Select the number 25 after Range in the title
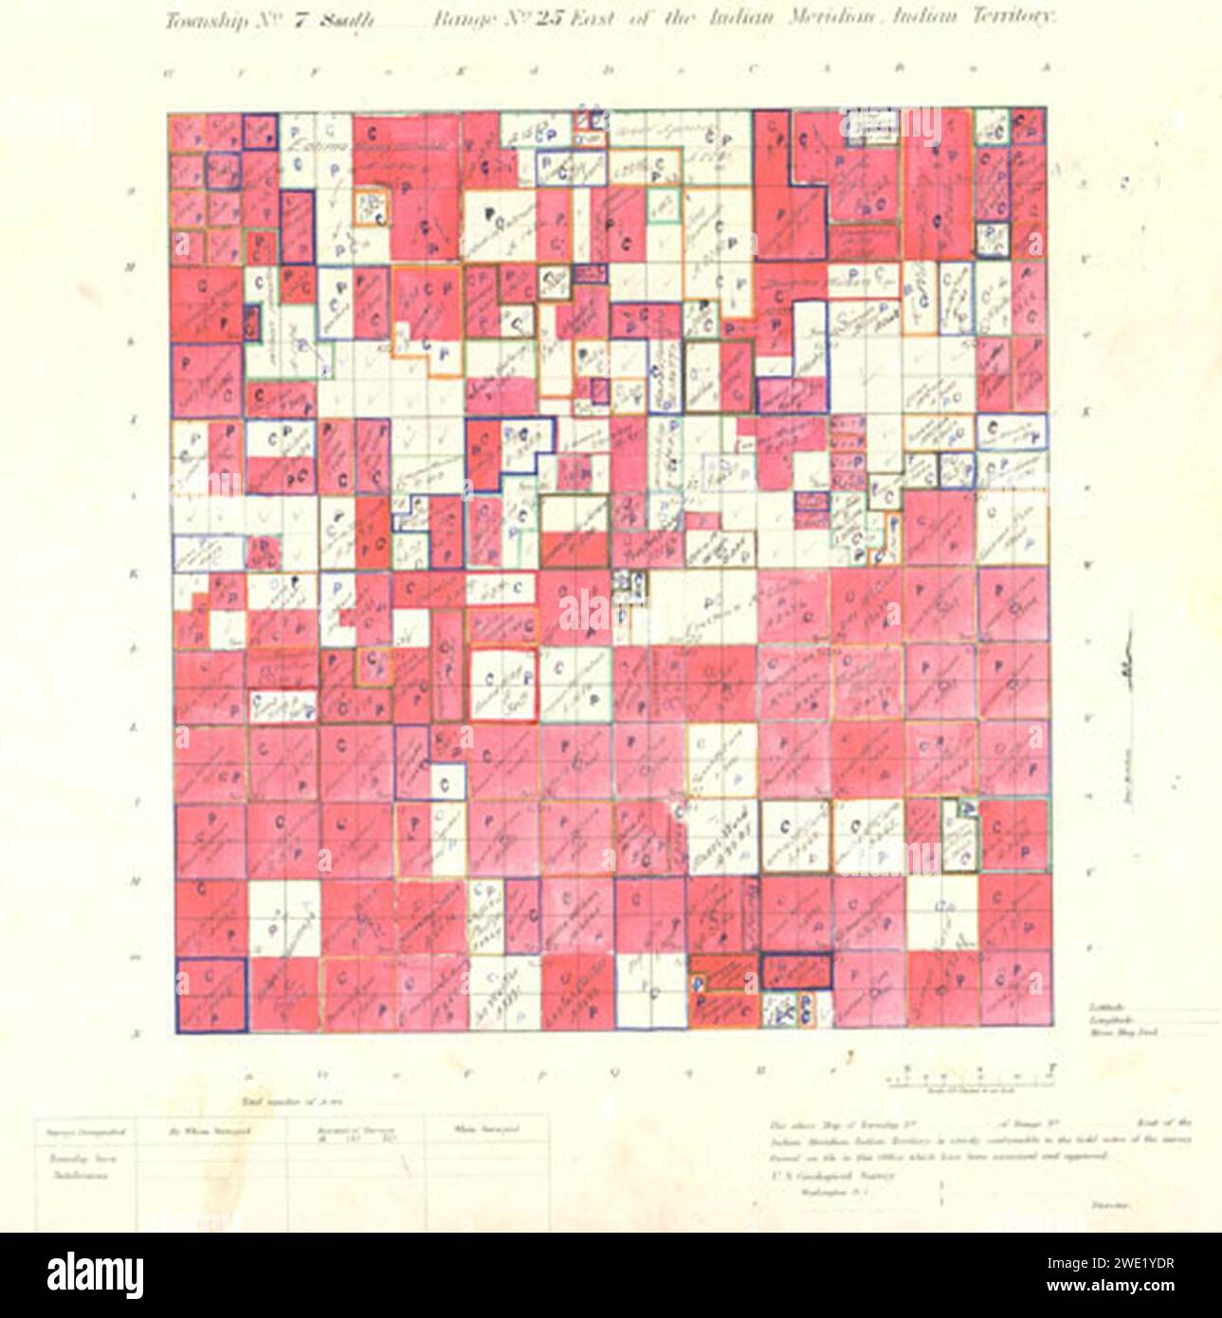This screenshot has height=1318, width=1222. [x=550, y=20]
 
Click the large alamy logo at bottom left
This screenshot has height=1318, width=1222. [x=95, y=1273]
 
